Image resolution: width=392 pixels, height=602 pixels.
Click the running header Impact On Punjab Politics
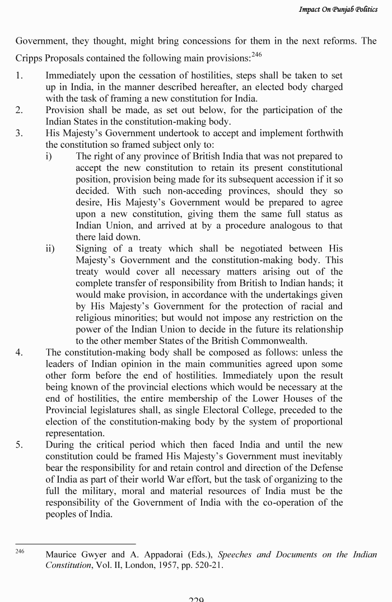[x=338, y=10]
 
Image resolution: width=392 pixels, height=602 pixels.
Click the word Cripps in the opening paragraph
[x=29, y=58]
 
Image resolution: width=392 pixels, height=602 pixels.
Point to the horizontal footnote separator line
[x=76, y=543]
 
